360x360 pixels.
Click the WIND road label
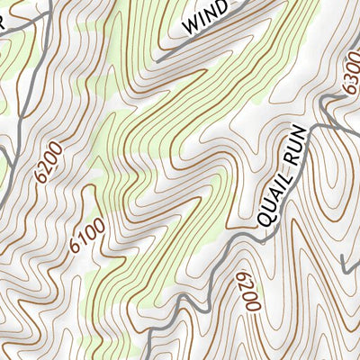tap(204, 21)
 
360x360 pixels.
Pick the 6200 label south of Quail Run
tap(247, 293)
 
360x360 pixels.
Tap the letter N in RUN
tap(302, 136)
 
